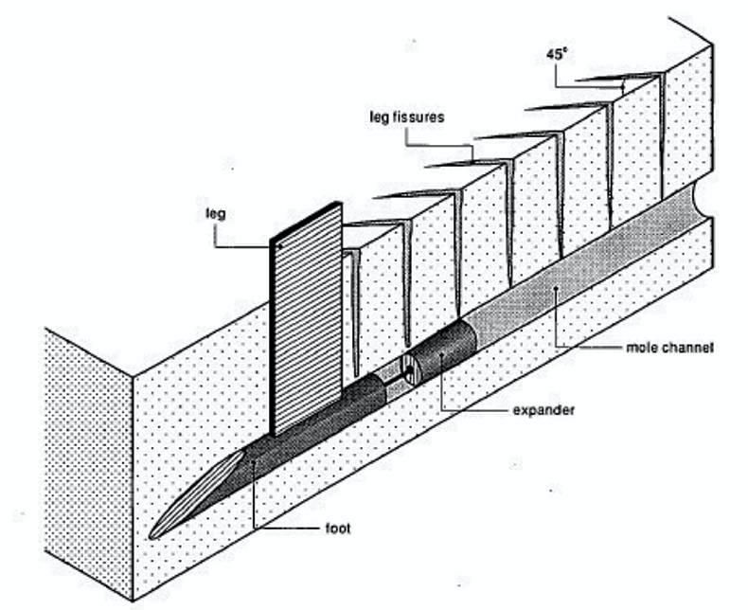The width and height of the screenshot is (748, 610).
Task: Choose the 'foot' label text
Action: pos(334,528)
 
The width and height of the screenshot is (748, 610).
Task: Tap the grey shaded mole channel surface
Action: pos(568,275)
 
